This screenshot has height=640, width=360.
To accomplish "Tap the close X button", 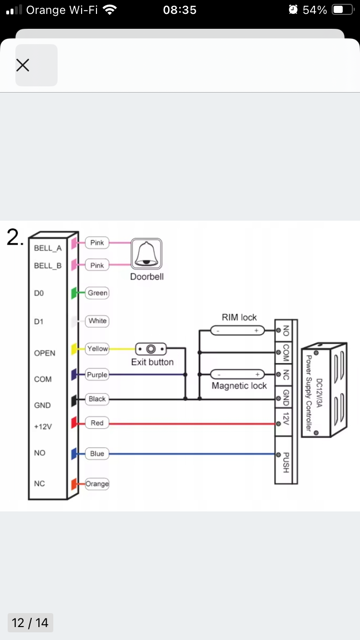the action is coord(36,65).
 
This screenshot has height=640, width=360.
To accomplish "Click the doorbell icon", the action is coord(146,254).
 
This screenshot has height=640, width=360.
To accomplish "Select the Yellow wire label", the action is coord(97,349).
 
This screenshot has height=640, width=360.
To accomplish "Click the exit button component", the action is coord(151,349).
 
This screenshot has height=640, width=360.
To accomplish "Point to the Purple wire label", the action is coord(97,375).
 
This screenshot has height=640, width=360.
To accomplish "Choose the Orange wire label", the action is coord(97,484).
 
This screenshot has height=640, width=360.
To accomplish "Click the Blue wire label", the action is coord(97,454).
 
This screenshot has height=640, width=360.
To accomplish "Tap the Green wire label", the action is coord(97,293).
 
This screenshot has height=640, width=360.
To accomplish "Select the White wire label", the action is coord(97,321).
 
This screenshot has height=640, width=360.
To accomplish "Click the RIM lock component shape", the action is coord(237,331).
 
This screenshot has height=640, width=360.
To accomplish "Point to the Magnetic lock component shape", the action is coord(237,374).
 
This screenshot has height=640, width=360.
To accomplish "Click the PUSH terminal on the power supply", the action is coord(278,454).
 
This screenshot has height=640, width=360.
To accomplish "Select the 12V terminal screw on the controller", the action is coord(278,424).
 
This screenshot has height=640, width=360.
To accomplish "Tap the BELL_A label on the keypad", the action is coord(48,249).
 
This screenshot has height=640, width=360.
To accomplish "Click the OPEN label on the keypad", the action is coord(45,353).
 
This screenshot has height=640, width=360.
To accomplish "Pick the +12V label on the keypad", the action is coord(43,427).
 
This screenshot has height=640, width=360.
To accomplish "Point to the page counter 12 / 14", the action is coord(30,623).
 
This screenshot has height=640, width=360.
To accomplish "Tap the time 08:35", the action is coord(180,10).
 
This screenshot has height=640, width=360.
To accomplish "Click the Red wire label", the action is coord(97,423).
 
